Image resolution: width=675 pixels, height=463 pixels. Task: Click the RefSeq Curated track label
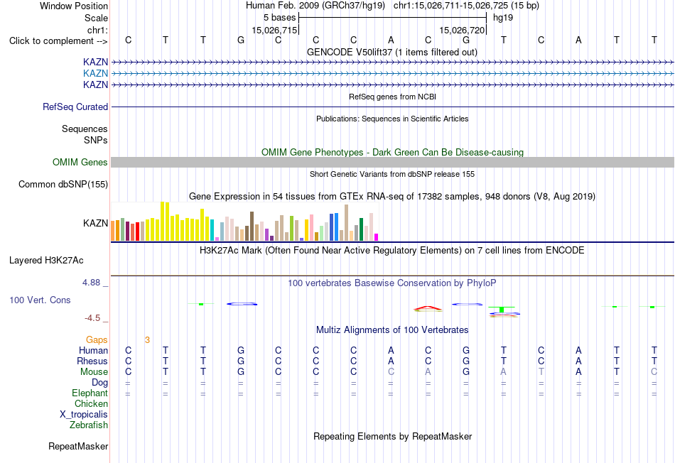click(x=75, y=107)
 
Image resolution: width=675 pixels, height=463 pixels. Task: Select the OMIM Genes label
click(x=80, y=162)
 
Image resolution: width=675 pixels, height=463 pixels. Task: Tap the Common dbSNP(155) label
click(x=63, y=184)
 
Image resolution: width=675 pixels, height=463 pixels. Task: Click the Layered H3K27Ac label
click(x=46, y=261)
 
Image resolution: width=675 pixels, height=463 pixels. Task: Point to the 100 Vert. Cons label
click(x=40, y=300)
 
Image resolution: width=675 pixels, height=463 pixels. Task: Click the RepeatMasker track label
click(x=78, y=446)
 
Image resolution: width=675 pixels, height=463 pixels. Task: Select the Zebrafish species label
click(x=89, y=425)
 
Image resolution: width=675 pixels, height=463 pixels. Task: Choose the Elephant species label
click(x=90, y=393)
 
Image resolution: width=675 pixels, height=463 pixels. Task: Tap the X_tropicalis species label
click(x=84, y=415)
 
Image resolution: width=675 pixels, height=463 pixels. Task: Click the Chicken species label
click(x=91, y=403)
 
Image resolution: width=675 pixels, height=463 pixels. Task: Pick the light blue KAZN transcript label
click(x=96, y=74)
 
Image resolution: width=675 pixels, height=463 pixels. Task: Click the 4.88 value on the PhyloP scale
click(x=91, y=283)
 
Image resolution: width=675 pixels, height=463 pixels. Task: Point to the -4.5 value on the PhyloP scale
click(x=92, y=318)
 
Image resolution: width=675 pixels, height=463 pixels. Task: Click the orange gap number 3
click(x=147, y=340)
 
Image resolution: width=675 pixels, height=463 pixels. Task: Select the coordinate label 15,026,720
click(x=462, y=30)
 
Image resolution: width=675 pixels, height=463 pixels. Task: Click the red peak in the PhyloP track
click(x=428, y=308)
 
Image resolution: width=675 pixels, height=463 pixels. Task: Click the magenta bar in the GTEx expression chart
click(x=377, y=237)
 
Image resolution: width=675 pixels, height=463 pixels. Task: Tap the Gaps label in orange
click(x=97, y=340)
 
